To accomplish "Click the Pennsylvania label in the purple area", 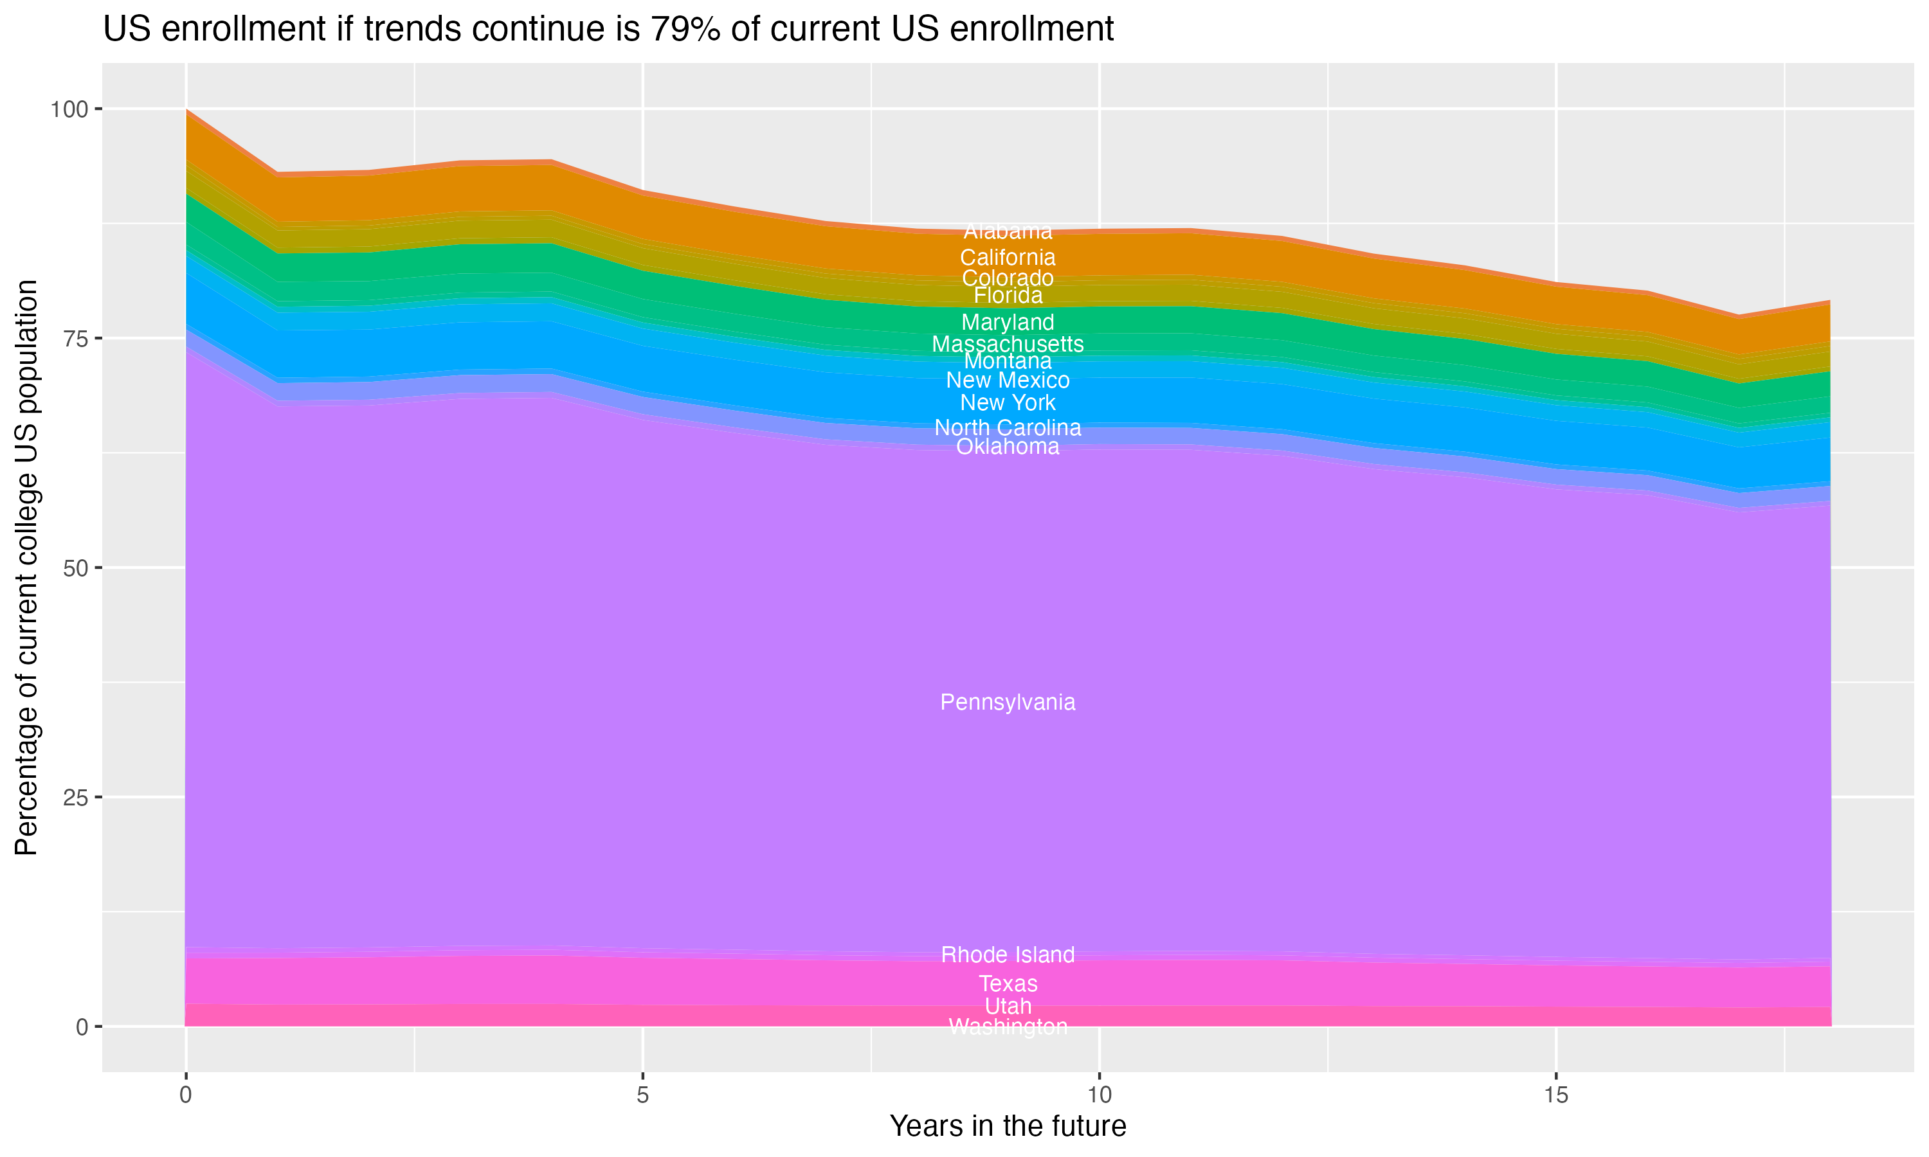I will [x=1008, y=703].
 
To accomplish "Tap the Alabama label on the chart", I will [x=1008, y=231].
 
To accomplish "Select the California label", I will [x=1008, y=257].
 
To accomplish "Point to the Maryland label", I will [x=1008, y=322].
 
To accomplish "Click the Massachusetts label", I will [x=1008, y=344].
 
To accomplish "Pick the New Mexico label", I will [x=1008, y=381].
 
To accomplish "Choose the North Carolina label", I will [x=1008, y=428].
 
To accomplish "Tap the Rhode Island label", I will [x=1008, y=955].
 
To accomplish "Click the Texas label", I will [x=1008, y=984].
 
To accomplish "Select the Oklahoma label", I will [x=1008, y=447].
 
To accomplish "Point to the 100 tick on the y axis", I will [x=69, y=109].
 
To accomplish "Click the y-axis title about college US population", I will [x=26, y=568].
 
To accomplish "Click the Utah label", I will [x=1008, y=1007].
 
